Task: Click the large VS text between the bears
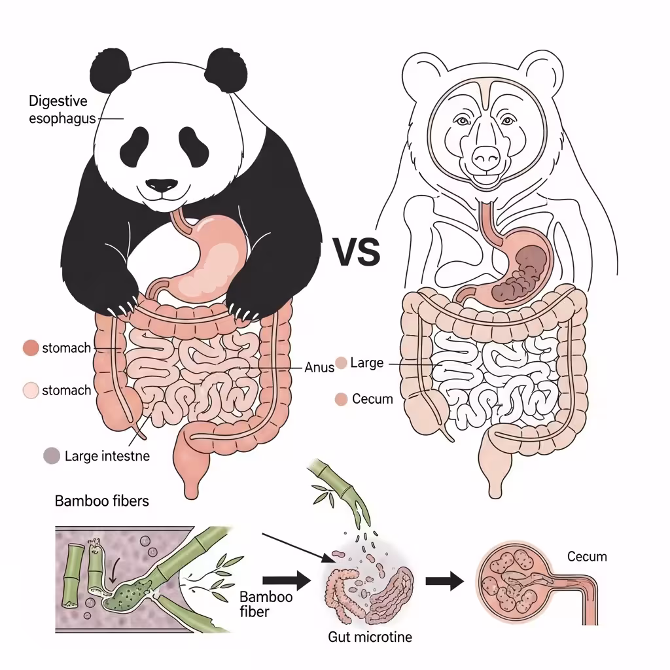(x=357, y=252)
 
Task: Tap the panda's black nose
(x=160, y=186)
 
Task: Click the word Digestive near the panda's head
(x=58, y=101)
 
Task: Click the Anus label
(x=319, y=367)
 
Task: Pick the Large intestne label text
(x=107, y=455)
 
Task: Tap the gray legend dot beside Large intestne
(x=50, y=455)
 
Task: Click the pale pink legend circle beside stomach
(x=31, y=391)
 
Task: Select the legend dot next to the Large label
(x=341, y=362)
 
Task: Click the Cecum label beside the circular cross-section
(x=587, y=557)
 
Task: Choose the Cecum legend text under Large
(x=372, y=398)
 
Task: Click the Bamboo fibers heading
(x=101, y=501)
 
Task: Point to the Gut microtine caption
(x=370, y=636)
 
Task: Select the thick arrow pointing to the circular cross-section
(x=444, y=581)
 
